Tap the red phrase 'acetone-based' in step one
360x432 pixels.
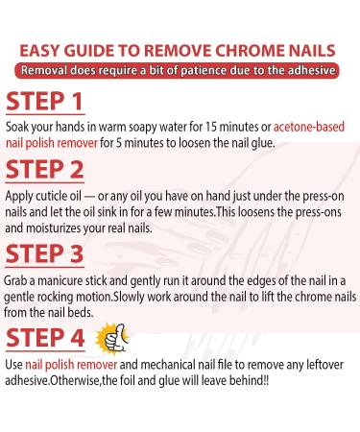[314, 125]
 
